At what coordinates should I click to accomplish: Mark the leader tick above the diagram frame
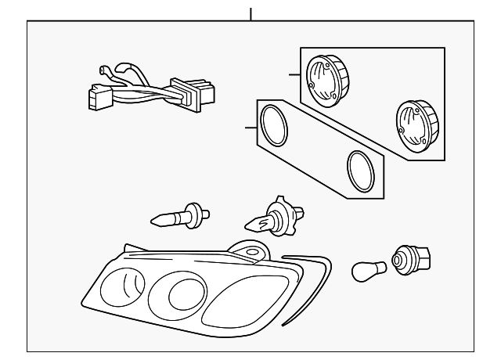click(x=250, y=14)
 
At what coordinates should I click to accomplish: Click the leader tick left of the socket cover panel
click(x=294, y=75)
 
